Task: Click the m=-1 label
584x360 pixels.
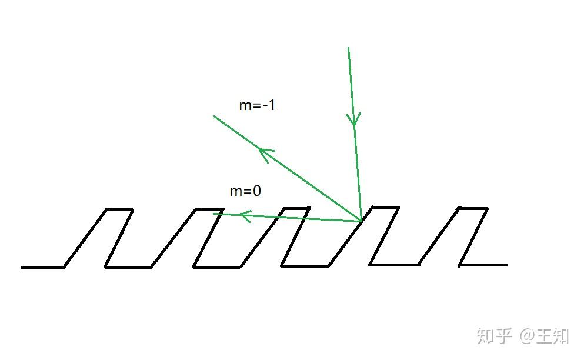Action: (257, 106)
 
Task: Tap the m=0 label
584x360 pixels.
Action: (245, 191)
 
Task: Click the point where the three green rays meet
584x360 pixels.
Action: (361, 221)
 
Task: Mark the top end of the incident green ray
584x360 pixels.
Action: (349, 48)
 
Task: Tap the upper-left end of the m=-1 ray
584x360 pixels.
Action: (214, 116)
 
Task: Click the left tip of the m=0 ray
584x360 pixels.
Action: (214, 214)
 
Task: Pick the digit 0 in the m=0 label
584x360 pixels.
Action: (256, 191)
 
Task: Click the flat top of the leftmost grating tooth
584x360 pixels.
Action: (119, 209)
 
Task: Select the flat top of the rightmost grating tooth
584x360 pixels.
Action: (473, 208)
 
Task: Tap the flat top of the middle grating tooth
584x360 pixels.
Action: (296, 208)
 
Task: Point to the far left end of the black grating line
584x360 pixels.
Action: (23, 268)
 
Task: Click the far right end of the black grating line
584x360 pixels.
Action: (505, 265)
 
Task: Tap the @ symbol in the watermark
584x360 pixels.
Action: (526, 336)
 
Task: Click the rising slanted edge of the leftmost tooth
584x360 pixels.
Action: (85, 238)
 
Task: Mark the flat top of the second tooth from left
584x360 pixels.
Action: (208, 209)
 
